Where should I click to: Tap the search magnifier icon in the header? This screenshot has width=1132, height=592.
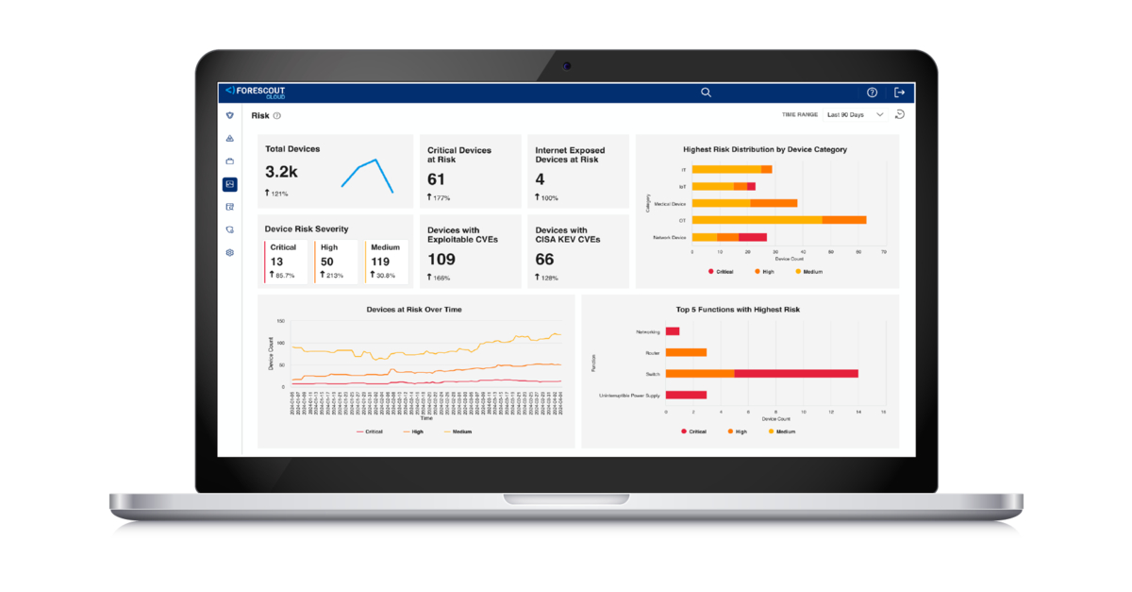706,93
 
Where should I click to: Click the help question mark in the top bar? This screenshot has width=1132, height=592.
872,93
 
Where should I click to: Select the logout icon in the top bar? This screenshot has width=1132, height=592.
899,93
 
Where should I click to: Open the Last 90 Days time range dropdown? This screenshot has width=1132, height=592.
854,115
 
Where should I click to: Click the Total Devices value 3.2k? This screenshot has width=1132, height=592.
281,172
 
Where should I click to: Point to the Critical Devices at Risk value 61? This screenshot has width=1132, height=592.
436,179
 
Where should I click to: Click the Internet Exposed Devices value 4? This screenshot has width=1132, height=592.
540,179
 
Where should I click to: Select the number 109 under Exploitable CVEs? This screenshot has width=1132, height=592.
441,259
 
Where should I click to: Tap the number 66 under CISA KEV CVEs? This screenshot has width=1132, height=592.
544,259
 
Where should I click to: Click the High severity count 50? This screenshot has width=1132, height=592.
327,262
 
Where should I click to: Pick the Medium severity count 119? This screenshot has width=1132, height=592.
381,262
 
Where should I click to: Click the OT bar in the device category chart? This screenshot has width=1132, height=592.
778,220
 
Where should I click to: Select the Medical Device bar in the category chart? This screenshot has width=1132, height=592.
744,203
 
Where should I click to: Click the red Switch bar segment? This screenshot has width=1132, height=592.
795,374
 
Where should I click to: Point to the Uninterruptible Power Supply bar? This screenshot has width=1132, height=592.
686,395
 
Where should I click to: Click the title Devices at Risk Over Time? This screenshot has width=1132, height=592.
414,310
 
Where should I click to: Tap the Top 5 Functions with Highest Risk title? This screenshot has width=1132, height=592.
738,310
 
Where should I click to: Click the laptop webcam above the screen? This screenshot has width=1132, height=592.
566,66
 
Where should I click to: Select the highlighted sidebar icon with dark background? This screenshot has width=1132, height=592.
230,184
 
